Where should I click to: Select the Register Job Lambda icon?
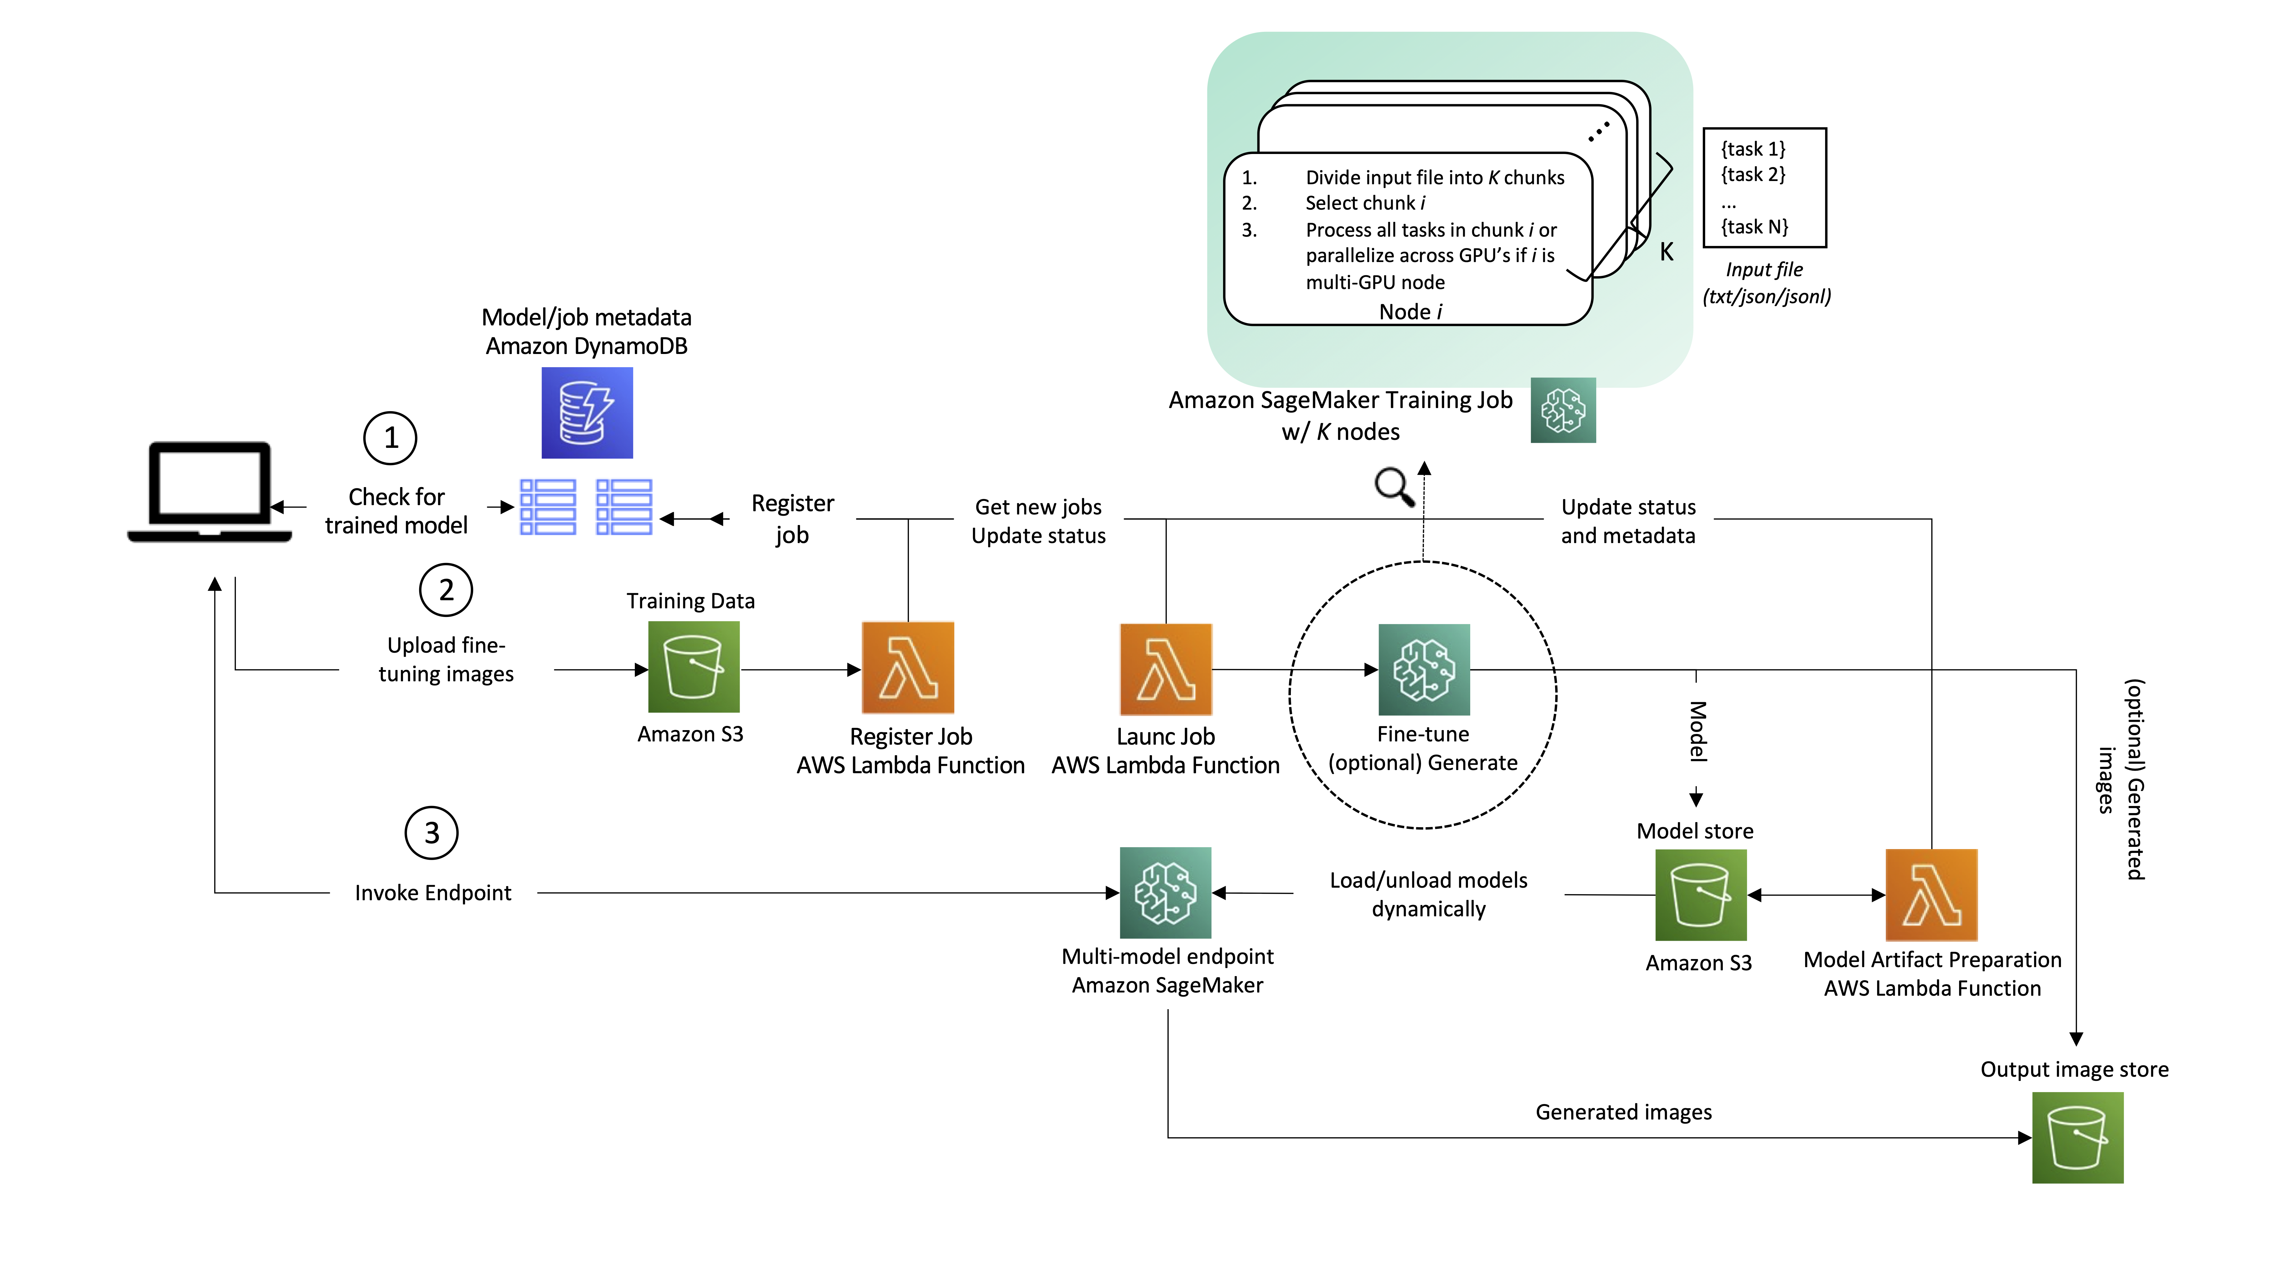(908, 667)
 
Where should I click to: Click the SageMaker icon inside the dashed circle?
(1423, 669)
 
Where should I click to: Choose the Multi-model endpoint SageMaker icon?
(1165, 892)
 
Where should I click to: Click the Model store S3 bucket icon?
(1700, 895)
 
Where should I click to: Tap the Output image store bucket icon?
(2077, 1137)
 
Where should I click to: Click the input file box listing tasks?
(1764, 188)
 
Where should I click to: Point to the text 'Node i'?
(1410, 312)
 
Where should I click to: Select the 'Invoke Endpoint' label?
(433, 893)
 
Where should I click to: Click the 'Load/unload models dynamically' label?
(1428, 894)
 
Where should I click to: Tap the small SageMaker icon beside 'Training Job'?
(1563, 410)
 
